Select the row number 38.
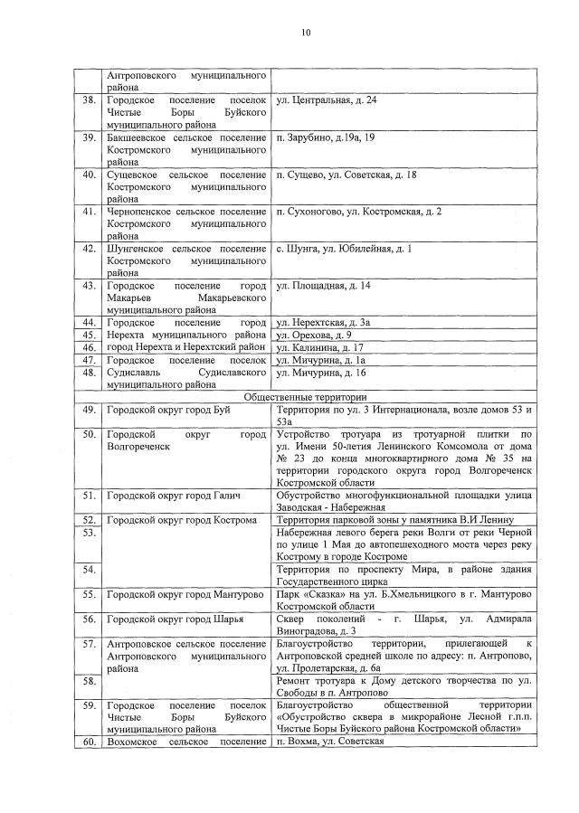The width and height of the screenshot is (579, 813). point(90,100)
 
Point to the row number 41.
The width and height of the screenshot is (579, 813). point(90,212)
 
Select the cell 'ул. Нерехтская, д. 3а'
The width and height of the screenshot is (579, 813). point(323,323)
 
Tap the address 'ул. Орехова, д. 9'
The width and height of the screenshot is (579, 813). point(314,335)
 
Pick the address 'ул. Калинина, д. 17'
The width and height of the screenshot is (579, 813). point(319,347)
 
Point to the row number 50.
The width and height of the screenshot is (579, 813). point(90,435)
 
